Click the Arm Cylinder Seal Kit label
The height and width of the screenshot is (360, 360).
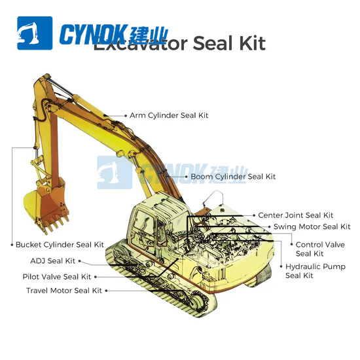pyautogui.click(x=169, y=115)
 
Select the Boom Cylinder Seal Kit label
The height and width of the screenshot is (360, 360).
pyautogui.click(x=233, y=177)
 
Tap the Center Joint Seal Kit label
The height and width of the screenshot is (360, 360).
pyautogui.click(x=295, y=215)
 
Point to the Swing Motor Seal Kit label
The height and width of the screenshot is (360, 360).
pyautogui.click(x=312, y=226)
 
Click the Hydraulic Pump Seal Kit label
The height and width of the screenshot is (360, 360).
pyautogui.click(x=315, y=271)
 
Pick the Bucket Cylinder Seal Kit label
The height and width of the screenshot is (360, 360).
pyautogui.click(x=60, y=245)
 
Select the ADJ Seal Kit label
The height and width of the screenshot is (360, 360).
pyautogui.click(x=57, y=261)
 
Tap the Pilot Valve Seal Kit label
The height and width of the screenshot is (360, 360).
pyautogui.click(x=57, y=276)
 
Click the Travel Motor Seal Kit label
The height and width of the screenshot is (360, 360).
pyautogui.click(x=64, y=291)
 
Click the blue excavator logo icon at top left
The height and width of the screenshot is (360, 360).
pyautogui.click(x=35, y=33)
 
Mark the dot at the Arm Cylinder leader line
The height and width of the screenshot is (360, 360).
pyautogui.click(x=125, y=115)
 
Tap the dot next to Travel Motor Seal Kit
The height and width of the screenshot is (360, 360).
pyautogui.click(x=107, y=291)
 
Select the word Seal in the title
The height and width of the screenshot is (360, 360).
pyautogui.click(x=214, y=44)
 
